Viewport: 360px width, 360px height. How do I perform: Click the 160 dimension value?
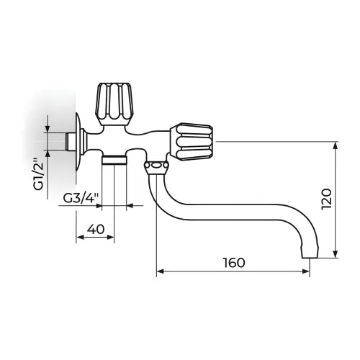click(234, 263)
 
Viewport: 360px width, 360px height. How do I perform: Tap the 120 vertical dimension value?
click(327, 199)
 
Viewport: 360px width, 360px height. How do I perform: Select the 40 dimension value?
click(96, 229)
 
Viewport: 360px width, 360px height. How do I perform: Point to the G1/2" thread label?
click(38, 174)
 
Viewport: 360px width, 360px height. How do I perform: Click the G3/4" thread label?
click(81, 198)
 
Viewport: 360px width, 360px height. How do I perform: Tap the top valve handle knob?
click(114, 104)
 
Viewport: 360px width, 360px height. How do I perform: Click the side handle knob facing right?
click(192, 143)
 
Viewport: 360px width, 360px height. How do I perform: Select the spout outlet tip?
click(310, 252)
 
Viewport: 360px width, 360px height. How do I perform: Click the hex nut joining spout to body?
click(156, 167)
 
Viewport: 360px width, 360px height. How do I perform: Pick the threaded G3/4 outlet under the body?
click(114, 160)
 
